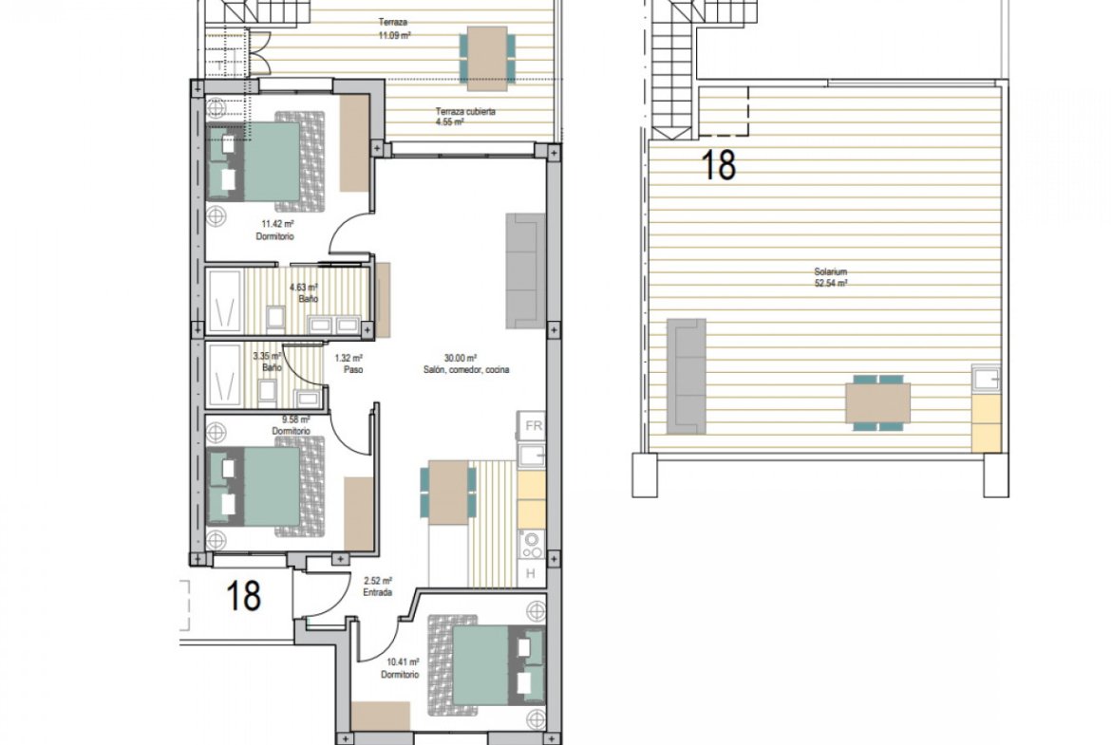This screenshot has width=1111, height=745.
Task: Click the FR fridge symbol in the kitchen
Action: coord(532,426)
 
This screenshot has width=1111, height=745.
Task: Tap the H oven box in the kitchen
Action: coord(532,573)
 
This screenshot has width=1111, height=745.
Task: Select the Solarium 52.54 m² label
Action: coord(831,277)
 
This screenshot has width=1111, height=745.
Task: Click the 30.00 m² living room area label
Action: coord(466,364)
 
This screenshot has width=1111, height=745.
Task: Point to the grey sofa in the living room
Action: coord(525,270)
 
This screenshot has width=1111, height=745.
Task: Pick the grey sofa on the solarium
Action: coord(687,375)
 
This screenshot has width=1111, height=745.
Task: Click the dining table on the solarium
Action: coord(878,402)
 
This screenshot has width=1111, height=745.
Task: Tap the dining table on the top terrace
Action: coord(487,59)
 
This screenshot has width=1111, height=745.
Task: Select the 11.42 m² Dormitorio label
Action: coord(275,231)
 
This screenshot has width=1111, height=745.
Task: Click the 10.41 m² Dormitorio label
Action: coord(401,668)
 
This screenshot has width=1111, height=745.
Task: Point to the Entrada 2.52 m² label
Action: coord(378,587)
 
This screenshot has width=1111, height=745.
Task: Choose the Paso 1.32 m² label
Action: coord(349,364)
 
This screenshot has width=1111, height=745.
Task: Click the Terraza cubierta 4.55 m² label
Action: coord(465,117)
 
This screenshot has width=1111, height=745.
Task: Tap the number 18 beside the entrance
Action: coord(243,596)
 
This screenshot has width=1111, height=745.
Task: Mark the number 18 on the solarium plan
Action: coord(719,164)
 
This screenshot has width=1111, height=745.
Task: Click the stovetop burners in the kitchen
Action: coord(532,545)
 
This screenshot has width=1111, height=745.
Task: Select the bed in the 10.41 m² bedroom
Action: coord(486,665)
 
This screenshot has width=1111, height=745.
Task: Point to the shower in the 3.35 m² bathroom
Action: coord(225,376)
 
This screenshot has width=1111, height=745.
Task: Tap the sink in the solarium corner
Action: coord(987,379)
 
